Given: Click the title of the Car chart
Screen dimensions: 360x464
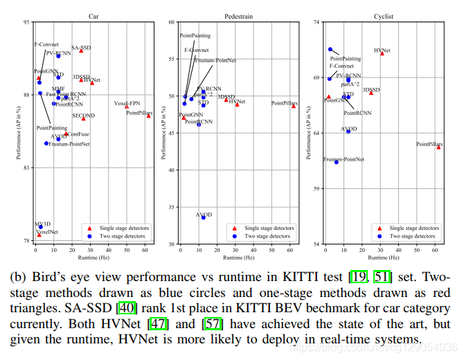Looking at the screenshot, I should pyautogui.click(x=93, y=15).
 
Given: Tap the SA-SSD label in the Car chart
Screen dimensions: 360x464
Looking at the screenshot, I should pyautogui.click(x=81, y=48).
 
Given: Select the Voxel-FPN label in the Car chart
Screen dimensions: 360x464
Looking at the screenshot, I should pyautogui.click(x=127, y=103).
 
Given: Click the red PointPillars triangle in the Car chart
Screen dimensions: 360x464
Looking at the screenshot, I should pyautogui.click(x=148, y=116).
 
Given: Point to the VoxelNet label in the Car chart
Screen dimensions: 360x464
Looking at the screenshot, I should pyautogui.click(x=46, y=232).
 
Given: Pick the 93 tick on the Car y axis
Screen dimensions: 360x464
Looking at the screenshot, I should pyautogui.click(x=27, y=22).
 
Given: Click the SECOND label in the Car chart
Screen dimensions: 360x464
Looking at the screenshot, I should pyautogui.click(x=83, y=116).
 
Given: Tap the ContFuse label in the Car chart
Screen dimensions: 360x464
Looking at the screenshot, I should pyautogui.click(x=78, y=134).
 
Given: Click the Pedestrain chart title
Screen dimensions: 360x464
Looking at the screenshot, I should pyautogui.click(x=238, y=15).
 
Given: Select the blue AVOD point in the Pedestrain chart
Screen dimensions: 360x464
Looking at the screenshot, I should pyautogui.click(x=203, y=217).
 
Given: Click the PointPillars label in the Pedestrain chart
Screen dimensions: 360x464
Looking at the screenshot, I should pyautogui.click(x=284, y=103).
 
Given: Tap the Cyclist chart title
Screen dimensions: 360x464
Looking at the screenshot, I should pyautogui.click(x=383, y=15).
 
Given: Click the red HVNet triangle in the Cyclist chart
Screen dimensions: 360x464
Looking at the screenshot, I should pyautogui.click(x=382, y=53).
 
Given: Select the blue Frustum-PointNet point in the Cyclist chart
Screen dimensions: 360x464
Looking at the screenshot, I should pyautogui.click(x=337, y=162).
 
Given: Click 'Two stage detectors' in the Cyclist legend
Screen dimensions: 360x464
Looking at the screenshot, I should pyautogui.click(x=413, y=236).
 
